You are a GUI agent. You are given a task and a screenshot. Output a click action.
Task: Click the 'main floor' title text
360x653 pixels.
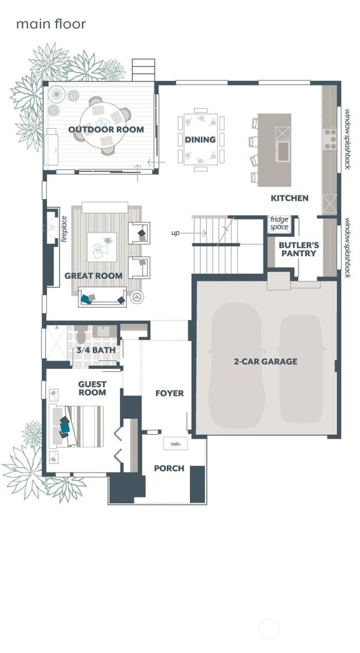51,24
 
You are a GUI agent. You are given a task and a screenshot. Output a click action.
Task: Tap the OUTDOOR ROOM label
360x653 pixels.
106,129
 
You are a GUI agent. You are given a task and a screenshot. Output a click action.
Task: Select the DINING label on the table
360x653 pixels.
200,140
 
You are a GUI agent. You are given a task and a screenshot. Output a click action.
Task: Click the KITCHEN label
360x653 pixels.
289,198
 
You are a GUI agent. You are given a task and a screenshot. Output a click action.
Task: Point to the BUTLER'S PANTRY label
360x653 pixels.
298,249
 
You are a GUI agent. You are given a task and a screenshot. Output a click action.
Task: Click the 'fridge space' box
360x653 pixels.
279,224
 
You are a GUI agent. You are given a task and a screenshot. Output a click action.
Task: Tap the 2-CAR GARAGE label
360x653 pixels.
265,361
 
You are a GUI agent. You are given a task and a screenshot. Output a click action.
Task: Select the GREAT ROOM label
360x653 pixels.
93,276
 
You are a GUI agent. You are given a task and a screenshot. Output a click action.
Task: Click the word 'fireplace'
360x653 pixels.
64,229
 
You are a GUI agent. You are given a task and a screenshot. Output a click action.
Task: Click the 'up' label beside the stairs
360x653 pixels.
175,233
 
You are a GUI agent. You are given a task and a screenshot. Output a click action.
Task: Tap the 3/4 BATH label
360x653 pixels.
96,350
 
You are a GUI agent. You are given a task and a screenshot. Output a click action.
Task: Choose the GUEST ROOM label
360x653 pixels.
92,388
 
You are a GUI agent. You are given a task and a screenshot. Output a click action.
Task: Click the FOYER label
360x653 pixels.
169,393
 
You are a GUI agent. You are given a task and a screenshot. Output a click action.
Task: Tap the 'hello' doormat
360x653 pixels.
175,444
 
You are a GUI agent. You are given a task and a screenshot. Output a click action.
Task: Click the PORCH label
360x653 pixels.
169,468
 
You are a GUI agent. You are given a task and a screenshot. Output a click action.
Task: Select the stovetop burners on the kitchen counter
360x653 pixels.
330,139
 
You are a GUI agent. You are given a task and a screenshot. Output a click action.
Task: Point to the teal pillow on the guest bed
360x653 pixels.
65,427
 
